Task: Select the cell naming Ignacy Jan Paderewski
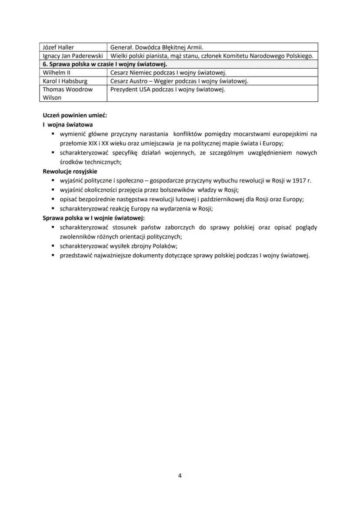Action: (73, 56)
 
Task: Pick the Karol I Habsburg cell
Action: (65, 81)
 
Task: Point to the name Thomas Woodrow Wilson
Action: (67, 93)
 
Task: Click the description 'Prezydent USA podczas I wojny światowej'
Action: (167, 90)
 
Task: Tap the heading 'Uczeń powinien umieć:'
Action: (75, 116)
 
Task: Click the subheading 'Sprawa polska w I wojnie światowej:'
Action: (94, 218)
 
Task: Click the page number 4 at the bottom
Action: (180, 476)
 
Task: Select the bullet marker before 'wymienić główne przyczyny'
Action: (53, 134)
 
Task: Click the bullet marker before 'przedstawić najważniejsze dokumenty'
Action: (53, 255)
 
